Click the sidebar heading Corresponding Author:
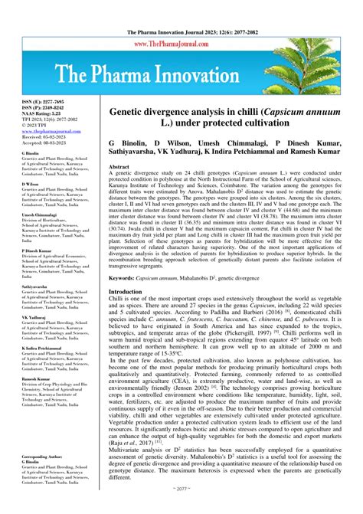pos(47,456)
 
